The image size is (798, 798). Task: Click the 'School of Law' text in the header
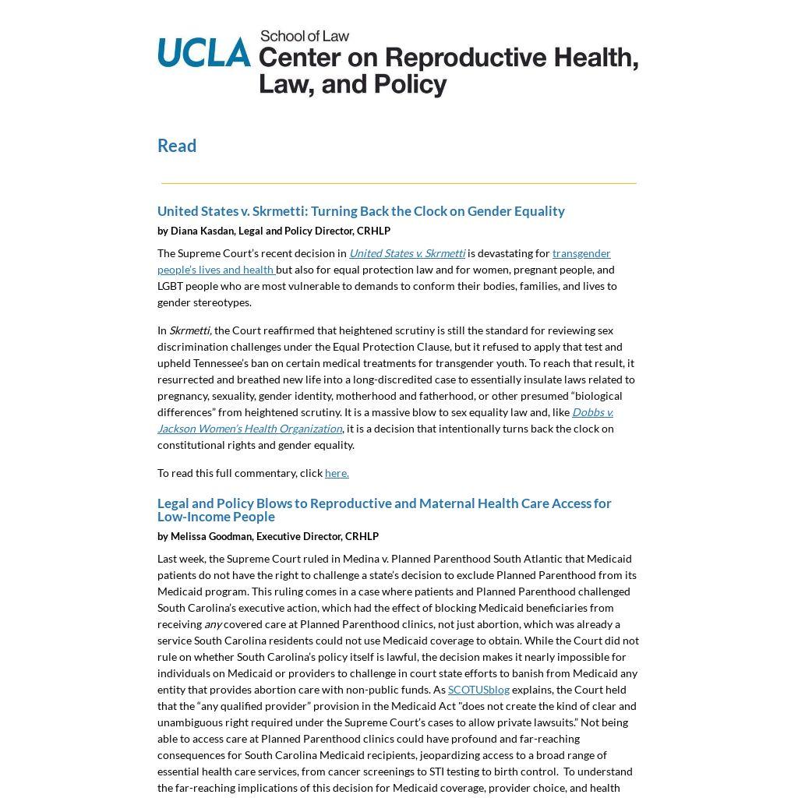(x=305, y=36)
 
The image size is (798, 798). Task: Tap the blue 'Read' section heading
(x=177, y=146)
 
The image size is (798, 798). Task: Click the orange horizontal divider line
(x=398, y=183)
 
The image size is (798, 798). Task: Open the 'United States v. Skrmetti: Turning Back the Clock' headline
(x=361, y=211)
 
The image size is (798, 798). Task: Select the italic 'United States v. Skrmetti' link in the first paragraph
(x=407, y=253)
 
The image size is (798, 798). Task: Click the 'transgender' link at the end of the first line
(x=581, y=253)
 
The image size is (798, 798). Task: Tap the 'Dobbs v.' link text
(x=592, y=412)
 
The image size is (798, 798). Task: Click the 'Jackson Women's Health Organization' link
(x=249, y=429)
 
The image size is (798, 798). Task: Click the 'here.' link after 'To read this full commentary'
(x=337, y=473)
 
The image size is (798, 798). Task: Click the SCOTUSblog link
(x=478, y=690)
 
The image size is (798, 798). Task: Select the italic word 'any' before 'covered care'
(x=213, y=624)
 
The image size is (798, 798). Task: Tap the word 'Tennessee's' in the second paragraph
(x=215, y=363)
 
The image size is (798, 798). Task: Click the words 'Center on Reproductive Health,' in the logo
(x=448, y=58)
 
